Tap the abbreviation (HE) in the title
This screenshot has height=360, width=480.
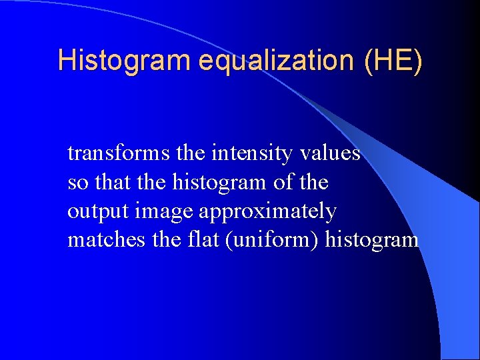[x=393, y=60]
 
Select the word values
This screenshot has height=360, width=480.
[x=329, y=154]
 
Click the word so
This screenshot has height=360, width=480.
[x=77, y=183]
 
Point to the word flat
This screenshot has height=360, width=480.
[x=202, y=240]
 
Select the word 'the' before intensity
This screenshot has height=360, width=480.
[x=191, y=154]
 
